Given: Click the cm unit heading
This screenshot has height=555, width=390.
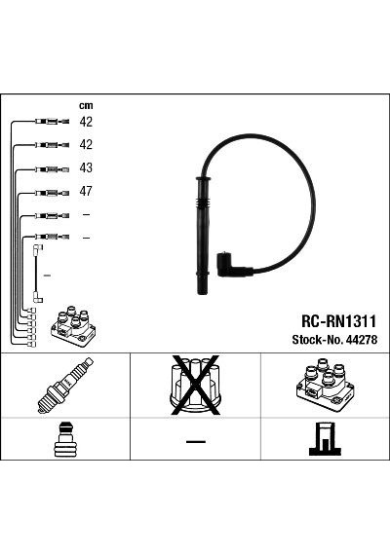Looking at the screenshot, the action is click(x=86, y=105).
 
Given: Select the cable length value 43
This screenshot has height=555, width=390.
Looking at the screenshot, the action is click(x=86, y=167).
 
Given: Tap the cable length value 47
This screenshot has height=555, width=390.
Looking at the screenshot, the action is click(x=86, y=191).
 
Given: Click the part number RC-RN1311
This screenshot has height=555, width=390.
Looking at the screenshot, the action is click(x=338, y=321).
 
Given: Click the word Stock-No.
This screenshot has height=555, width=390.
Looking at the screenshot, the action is click(x=317, y=340).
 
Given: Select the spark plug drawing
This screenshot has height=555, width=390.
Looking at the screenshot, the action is click(x=65, y=386).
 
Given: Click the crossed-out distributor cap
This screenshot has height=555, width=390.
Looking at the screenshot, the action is click(x=195, y=386).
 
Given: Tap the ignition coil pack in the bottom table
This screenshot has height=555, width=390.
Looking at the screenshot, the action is click(x=325, y=385).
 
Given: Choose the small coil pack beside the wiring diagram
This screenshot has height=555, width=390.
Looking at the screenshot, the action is click(x=73, y=326).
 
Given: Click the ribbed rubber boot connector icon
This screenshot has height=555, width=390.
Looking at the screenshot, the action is click(x=64, y=440).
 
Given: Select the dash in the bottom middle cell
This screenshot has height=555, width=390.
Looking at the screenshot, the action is click(x=196, y=441).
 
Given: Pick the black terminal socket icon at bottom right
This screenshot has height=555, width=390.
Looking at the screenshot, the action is click(x=325, y=439).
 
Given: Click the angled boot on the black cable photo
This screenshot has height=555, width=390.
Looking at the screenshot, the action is click(x=232, y=267).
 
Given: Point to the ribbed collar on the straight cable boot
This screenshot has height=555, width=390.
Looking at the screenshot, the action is click(x=203, y=205).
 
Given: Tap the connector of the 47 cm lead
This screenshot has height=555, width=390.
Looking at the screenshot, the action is click(x=52, y=193).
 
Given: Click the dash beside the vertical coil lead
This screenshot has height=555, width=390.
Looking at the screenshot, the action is click(x=47, y=275).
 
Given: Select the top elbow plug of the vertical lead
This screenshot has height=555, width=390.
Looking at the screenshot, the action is click(x=38, y=248).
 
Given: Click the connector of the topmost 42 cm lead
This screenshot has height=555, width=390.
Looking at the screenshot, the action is click(x=52, y=122).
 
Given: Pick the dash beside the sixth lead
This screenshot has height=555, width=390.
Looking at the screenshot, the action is click(x=86, y=238).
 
